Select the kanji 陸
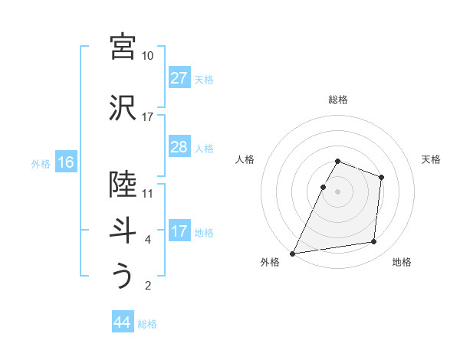[123, 183]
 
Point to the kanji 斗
[123, 229]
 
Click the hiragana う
[123, 275]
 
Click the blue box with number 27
[179, 78]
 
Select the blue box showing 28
[179, 147]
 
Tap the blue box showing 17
[179, 231]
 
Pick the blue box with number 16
[65, 162]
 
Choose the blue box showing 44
[122, 322]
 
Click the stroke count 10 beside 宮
[147, 56]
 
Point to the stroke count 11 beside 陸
[147, 193]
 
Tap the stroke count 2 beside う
[147, 286]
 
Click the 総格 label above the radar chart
[338, 100]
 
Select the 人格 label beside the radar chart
[246, 159]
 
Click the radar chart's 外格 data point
[292, 253]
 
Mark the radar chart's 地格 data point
[373, 241]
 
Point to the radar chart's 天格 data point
[381, 178]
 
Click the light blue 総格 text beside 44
[147, 324]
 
